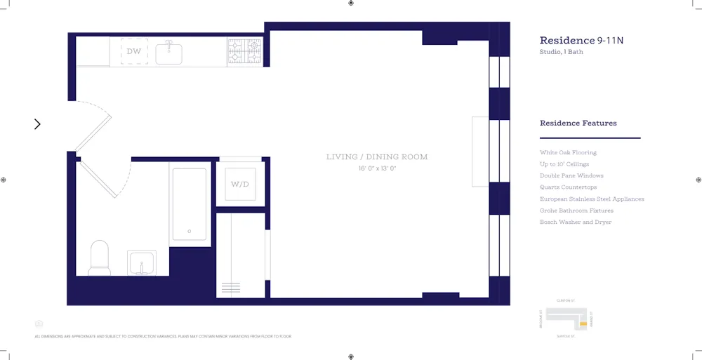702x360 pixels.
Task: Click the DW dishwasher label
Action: point(133,52)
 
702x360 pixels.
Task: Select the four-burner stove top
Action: point(244,51)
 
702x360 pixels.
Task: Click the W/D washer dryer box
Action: point(240,184)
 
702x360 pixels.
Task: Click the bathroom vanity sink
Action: point(142,264)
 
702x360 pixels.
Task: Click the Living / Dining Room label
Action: point(376,157)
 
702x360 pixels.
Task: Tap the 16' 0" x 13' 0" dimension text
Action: point(376,168)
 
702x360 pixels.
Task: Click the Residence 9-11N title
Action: point(581,41)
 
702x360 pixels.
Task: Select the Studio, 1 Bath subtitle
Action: point(561,52)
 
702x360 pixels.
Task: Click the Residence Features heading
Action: point(578,124)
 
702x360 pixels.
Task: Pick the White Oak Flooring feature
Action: point(568,152)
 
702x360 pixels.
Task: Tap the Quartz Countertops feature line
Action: point(568,187)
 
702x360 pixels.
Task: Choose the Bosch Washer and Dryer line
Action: point(575,222)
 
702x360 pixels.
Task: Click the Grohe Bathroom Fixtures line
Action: point(576,211)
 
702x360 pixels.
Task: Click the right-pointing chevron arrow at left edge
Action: point(37,124)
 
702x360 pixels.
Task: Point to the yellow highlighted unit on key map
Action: point(583,325)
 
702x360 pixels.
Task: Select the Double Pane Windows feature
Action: point(571,175)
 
